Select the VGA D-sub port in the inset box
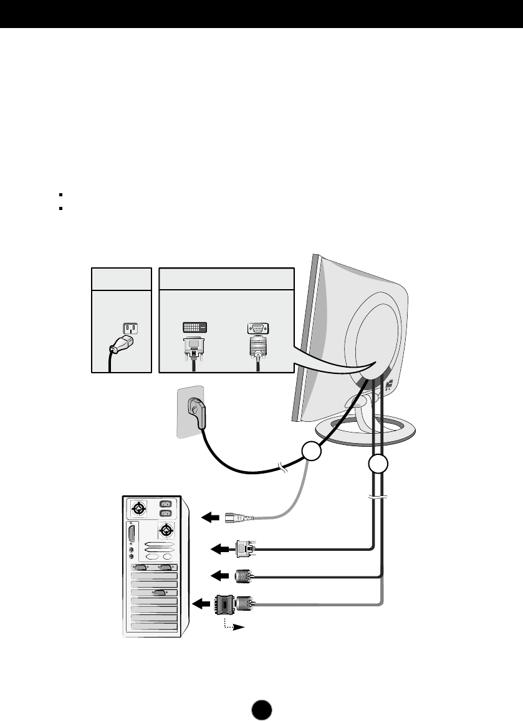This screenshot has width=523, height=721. (x=257, y=328)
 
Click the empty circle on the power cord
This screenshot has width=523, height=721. (x=312, y=452)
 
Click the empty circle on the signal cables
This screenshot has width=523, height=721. (x=378, y=465)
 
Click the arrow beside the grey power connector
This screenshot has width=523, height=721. (x=212, y=517)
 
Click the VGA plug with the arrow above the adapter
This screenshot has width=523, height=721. (x=243, y=576)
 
